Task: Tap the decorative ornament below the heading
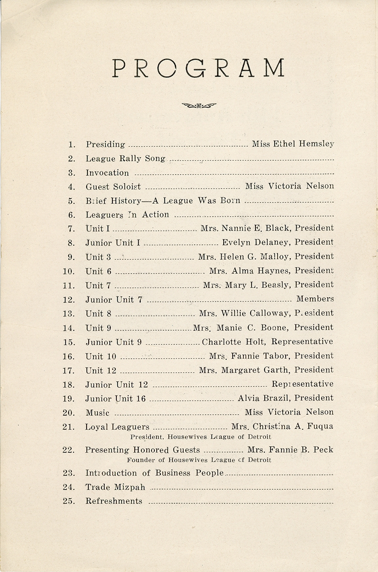pos(199,106)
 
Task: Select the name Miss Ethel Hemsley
pos(293,144)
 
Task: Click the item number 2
pos(72,159)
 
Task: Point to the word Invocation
pos(107,173)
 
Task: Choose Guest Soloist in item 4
pos(113,186)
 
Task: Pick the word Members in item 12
pos(315,299)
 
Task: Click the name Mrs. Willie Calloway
pos(244,313)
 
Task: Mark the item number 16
pos(69,356)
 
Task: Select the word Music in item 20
pos(98,413)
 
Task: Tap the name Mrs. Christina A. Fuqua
pos(282,426)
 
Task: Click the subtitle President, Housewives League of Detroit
pos(201,437)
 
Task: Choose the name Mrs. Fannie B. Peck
pos(290,450)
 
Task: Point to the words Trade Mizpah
pos(115,487)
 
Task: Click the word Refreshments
pos(114,501)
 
